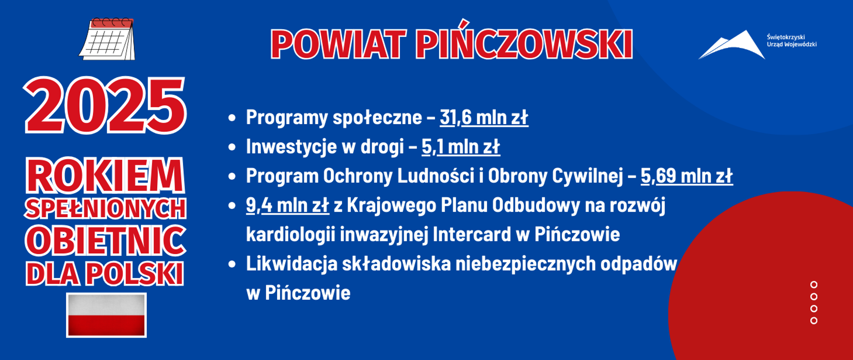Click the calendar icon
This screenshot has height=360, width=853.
(107, 39)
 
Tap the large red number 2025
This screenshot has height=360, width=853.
(105, 106)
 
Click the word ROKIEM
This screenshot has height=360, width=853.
(105, 176)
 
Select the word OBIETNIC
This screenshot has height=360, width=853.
(105, 240)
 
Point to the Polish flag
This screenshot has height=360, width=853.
(106, 315)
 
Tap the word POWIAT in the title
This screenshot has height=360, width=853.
(338, 44)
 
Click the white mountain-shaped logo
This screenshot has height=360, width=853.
(732, 45)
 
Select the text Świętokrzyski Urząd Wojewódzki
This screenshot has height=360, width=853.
(791, 40)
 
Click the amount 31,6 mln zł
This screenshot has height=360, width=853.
(484, 118)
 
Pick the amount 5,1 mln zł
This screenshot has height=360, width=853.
(461, 147)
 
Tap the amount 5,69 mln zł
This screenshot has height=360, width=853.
(686, 176)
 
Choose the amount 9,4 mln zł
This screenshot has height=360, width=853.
(287, 205)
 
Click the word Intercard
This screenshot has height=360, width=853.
(471, 235)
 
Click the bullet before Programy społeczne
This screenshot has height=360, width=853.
(231, 118)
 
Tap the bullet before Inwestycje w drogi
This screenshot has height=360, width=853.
(231, 147)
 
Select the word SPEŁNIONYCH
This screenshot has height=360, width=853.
(105, 208)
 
